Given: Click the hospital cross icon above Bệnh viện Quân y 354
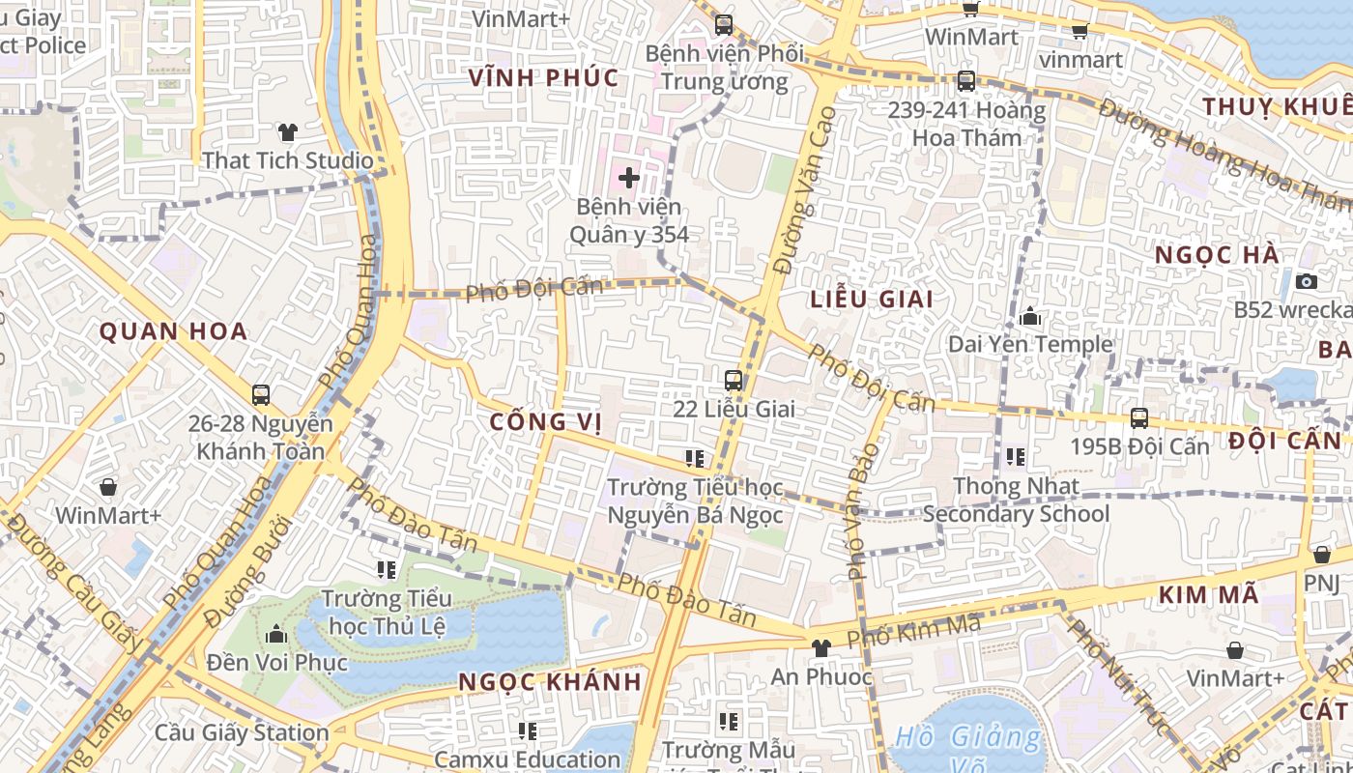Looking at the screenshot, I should [x=629, y=178].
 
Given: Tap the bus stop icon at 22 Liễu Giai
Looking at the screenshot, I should [x=734, y=380].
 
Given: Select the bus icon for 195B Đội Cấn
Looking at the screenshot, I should [x=1139, y=418].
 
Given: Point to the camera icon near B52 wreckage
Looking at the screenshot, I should [x=1307, y=281].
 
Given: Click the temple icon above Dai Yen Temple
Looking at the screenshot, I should [x=1029, y=316].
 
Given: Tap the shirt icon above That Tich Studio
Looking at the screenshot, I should [x=287, y=132].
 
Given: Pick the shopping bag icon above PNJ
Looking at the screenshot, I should [x=1321, y=555].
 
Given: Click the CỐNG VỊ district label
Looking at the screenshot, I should [x=545, y=422].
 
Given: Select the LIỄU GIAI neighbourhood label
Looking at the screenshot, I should [x=872, y=300].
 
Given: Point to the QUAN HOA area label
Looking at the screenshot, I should [x=174, y=332].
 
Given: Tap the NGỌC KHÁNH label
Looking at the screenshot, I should [x=550, y=681].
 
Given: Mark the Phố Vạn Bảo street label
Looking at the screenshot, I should [x=862, y=511].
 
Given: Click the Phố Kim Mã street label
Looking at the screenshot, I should [x=913, y=631].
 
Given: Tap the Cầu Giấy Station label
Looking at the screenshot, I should [x=242, y=732].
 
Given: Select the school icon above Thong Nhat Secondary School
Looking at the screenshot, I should [x=1015, y=456].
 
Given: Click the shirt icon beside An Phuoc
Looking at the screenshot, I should [x=821, y=648].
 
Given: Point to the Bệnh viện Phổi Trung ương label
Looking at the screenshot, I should [x=724, y=67].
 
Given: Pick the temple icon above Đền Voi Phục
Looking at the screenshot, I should [x=276, y=634].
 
